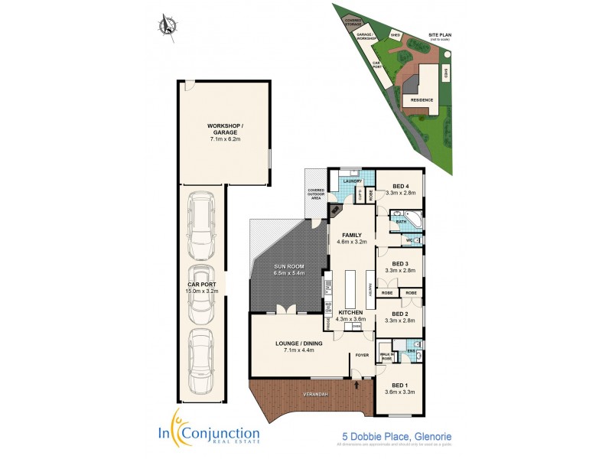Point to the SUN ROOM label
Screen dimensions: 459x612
290,267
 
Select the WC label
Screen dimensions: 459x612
409,240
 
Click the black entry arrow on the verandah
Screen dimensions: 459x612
356,388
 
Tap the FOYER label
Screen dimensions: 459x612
361,355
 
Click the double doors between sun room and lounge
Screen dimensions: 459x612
286,309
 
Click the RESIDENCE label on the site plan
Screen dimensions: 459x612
422,99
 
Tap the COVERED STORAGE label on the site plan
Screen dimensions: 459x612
353,24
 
